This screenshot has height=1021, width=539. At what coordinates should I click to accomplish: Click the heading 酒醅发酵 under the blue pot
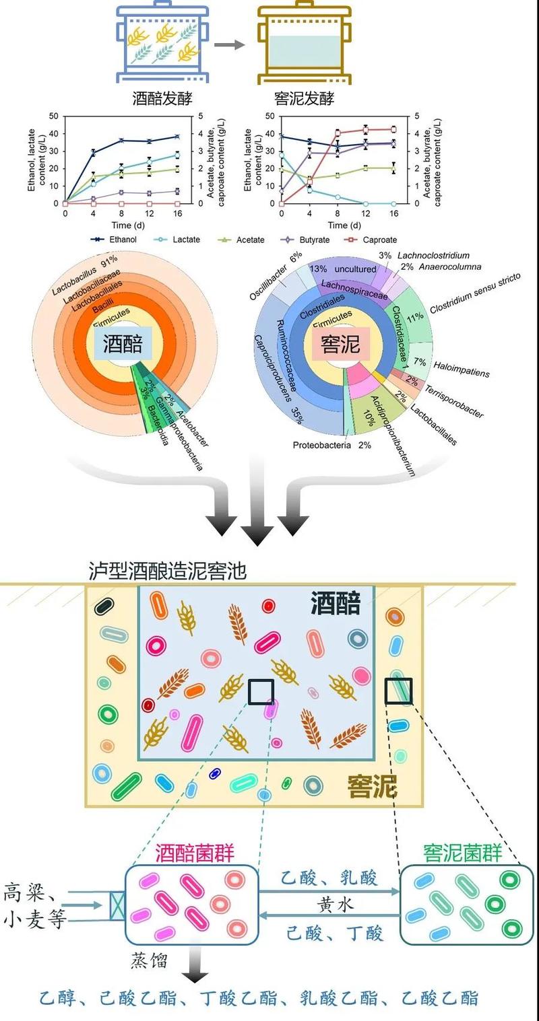pyautogui.click(x=162, y=99)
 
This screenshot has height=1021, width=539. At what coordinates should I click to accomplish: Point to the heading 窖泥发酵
pyautogui.click(x=305, y=99)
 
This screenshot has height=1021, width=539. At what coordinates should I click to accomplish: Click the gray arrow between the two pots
pyautogui.click(x=229, y=45)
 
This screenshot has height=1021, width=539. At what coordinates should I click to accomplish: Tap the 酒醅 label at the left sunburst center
pyautogui.click(x=123, y=345)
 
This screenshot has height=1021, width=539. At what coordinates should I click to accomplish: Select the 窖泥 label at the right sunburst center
pyautogui.click(x=341, y=345)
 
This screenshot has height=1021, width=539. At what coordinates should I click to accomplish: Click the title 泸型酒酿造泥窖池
pyautogui.click(x=168, y=571)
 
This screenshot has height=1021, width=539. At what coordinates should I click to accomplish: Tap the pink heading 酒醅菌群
pyautogui.click(x=195, y=853)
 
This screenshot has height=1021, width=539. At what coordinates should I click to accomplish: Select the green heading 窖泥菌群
pyautogui.click(x=463, y=853)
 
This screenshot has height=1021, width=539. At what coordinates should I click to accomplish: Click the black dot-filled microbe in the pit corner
pyautogui.click(x=104, y=606)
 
